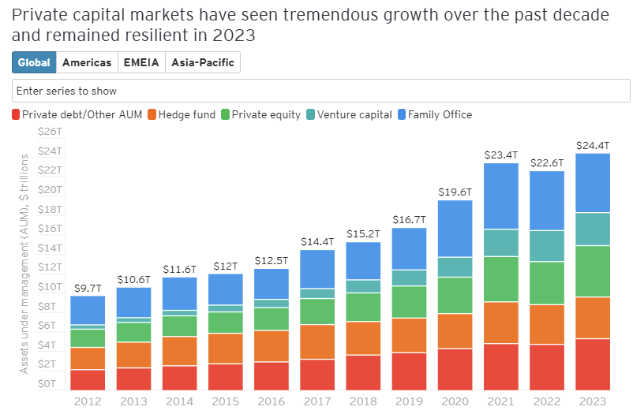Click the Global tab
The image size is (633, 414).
point(34,63)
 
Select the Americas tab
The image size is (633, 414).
point(87,63)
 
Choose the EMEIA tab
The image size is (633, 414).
point(141,63)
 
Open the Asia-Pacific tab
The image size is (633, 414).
point(202,63)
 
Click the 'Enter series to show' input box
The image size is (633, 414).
point(320,91)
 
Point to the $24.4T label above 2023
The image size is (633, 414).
point(592,145)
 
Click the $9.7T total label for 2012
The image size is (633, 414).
point(88,288)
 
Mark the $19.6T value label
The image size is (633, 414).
point(455,192)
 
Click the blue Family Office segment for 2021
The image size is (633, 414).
point(500,196)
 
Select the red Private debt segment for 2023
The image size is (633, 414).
point(592,364)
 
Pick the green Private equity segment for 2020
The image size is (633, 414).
point(455,296)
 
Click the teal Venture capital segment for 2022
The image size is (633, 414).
point(546,246)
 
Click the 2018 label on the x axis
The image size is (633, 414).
point(363,401)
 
